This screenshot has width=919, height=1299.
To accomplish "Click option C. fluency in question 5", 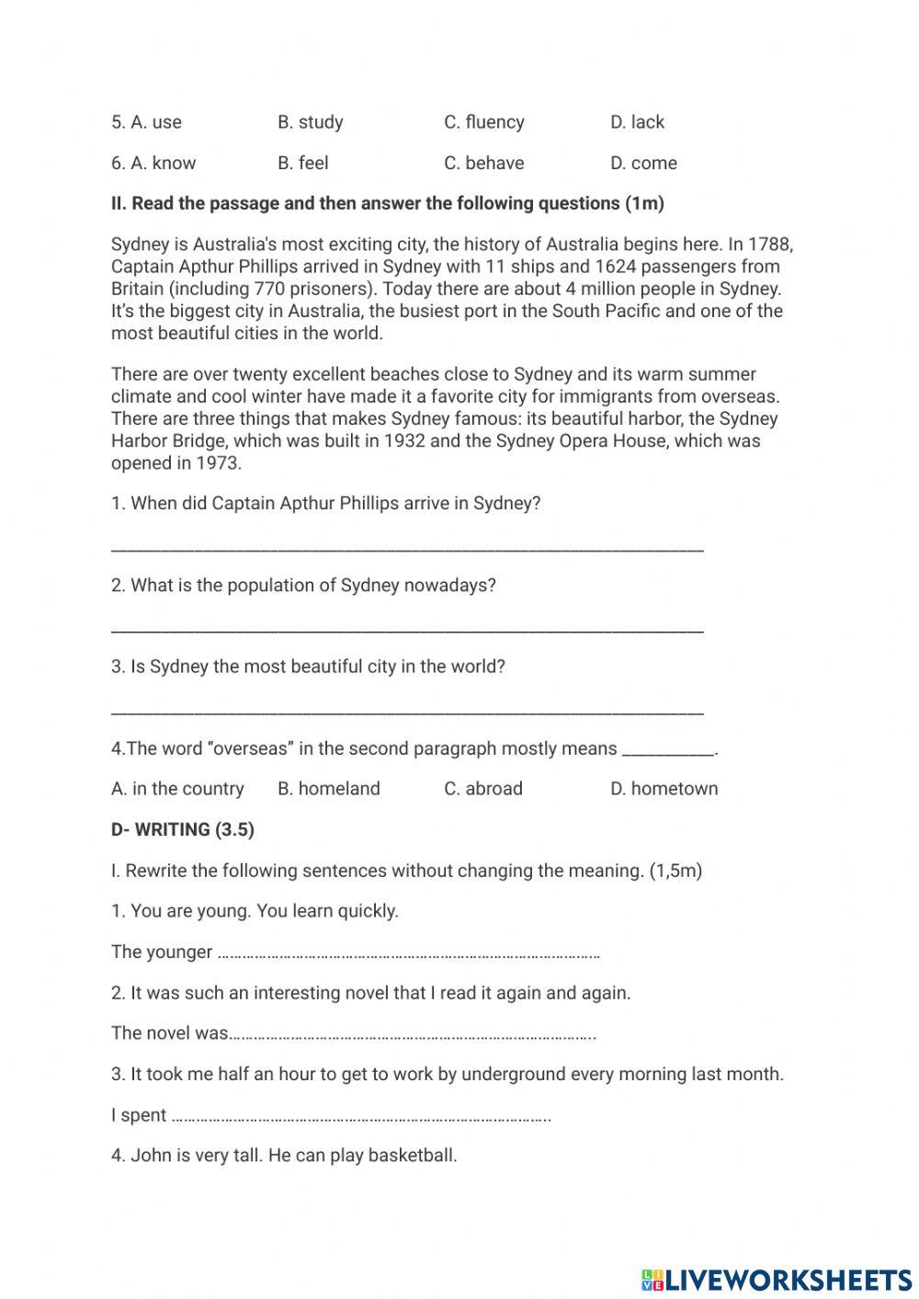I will click(483, 122).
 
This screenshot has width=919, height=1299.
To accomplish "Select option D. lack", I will click(637, 122).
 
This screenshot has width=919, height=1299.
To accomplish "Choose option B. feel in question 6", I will click(302, 164).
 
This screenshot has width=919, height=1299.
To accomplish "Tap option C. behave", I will click(483, 164).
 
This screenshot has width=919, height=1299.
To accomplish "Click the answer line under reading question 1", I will click(407, 549).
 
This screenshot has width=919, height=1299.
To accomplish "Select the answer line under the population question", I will click(407, 631).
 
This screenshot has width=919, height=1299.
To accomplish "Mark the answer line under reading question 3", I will click(407, 712).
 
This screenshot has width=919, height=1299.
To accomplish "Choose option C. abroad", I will click(483, 789).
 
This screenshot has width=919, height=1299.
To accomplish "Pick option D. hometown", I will click(664, 789).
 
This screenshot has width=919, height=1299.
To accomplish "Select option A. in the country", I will click(177, 789).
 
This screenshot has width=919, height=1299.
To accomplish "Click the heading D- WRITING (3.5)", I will click(183, 829).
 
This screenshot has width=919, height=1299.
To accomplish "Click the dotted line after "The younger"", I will click(409, 954).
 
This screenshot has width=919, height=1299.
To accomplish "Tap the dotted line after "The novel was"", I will click(412, 1036).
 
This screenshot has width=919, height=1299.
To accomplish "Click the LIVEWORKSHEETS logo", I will click(776, 1279).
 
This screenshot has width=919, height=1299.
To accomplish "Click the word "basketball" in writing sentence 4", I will click(412, 1156).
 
